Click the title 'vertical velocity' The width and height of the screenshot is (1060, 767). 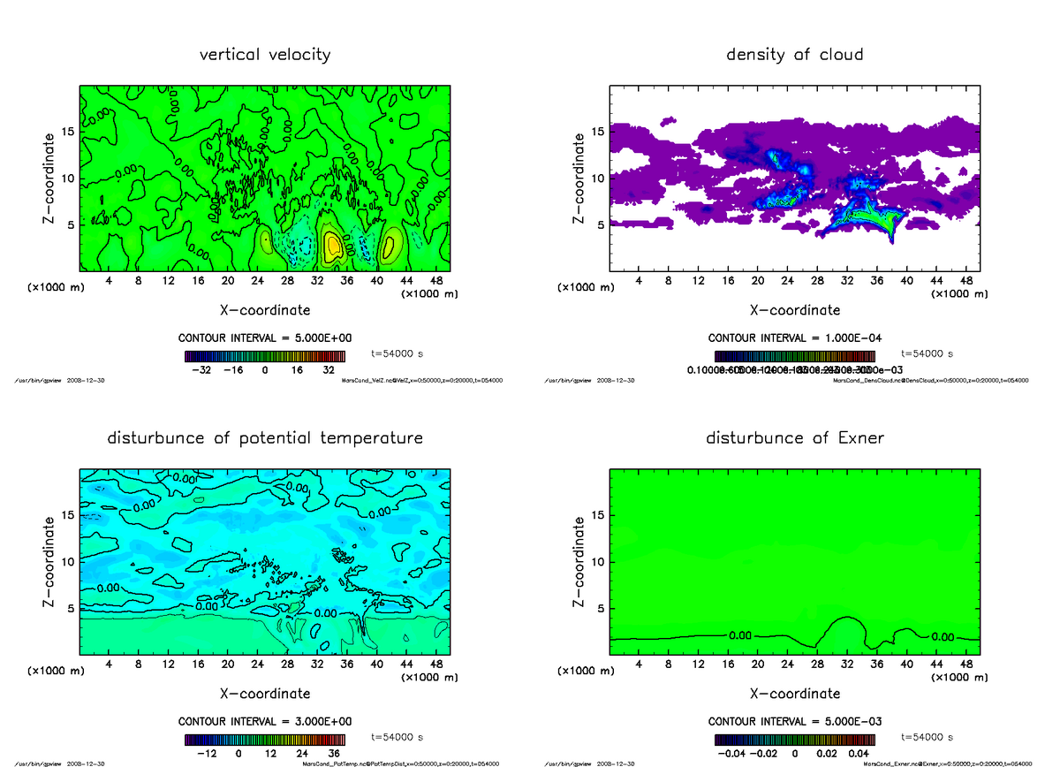[x=265, y=55]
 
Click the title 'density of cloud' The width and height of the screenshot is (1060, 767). [x=794, y=55]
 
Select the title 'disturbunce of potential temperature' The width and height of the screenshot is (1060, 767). [x=265, y=438]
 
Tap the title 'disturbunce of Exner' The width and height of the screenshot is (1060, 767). [x=794, y=438]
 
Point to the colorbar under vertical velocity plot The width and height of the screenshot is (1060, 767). [x=265, y=356]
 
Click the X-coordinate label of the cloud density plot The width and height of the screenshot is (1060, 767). [x=794, y=310]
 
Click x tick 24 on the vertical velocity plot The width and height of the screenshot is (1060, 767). [x=257, y=281]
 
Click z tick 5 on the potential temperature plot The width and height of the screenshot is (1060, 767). [x=71, y=608]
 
